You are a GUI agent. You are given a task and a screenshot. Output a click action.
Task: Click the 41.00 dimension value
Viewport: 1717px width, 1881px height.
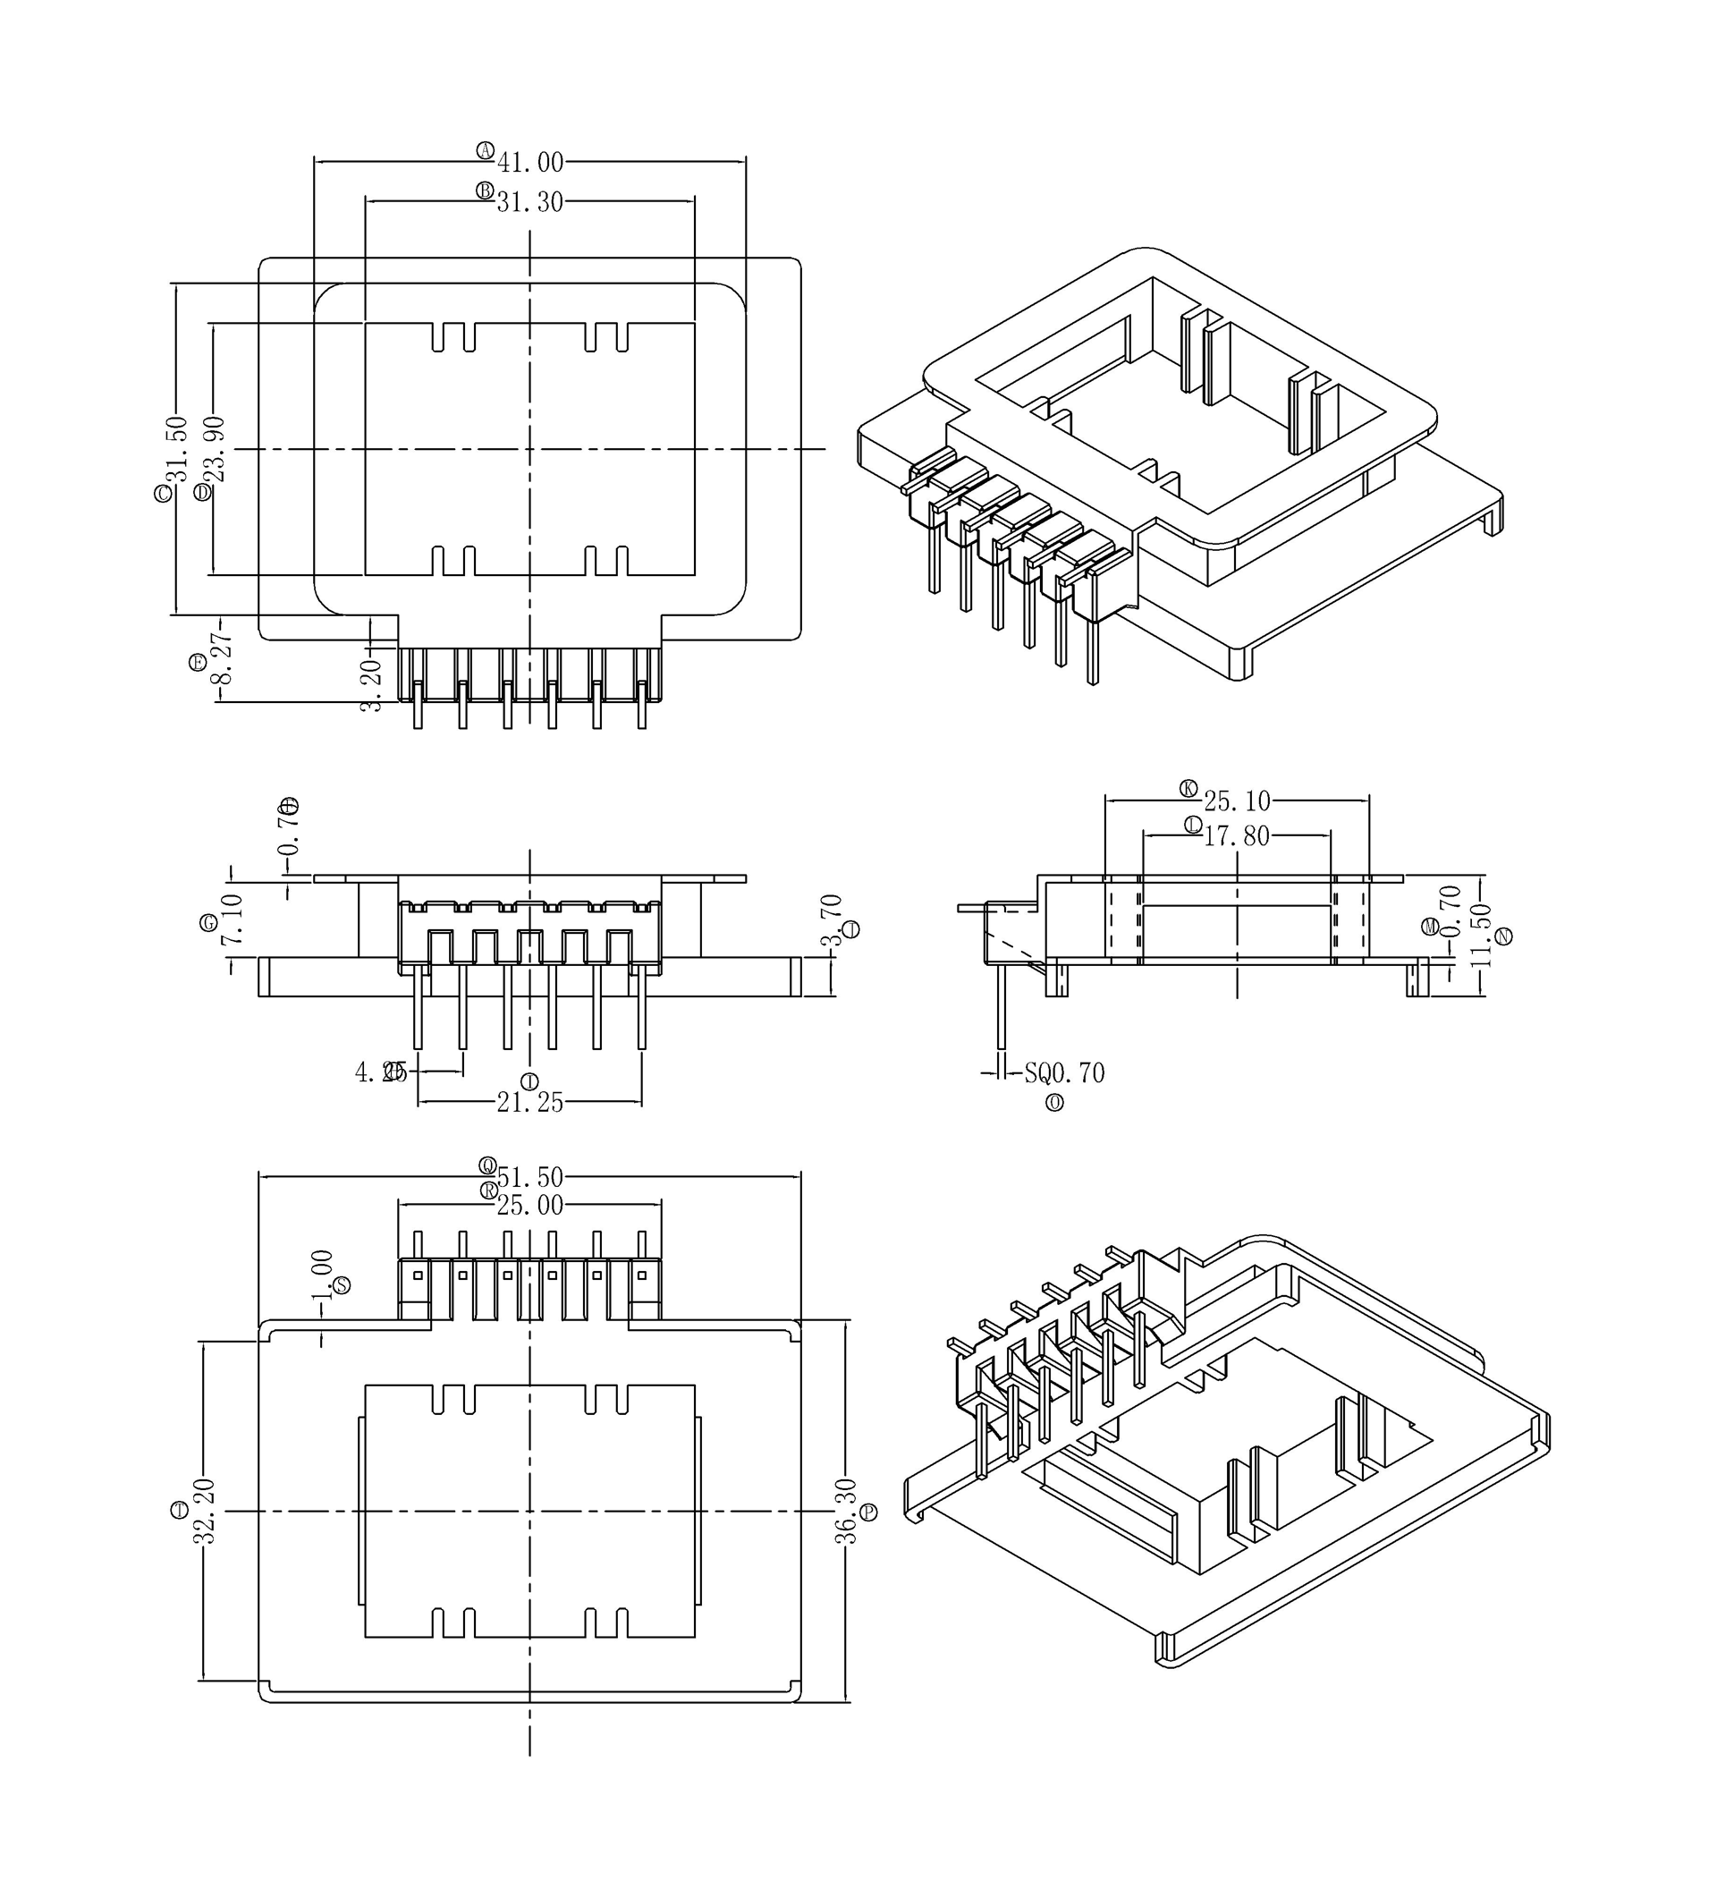[529, 164]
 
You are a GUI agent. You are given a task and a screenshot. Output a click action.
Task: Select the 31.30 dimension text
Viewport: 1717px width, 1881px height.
[529, 202]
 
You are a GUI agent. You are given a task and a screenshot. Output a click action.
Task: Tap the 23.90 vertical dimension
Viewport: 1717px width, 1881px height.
[216, 449]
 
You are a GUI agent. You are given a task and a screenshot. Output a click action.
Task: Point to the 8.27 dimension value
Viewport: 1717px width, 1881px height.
[222, 657]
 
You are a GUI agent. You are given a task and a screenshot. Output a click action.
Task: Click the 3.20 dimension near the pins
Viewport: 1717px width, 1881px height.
[371, 686]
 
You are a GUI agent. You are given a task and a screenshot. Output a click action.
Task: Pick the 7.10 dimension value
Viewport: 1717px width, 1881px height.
[233, 920]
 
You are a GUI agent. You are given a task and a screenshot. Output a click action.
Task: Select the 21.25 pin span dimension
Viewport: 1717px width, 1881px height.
[529, 1103]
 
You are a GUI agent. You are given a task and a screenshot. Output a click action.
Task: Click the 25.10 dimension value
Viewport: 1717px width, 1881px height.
[1237, 801]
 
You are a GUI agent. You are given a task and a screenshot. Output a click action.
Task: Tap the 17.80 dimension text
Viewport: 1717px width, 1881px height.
[1237, 836]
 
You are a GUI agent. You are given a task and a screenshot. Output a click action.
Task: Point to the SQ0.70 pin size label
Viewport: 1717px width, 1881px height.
[1064, 1074]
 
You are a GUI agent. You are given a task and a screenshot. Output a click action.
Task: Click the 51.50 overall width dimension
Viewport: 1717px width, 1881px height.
[529, 1177]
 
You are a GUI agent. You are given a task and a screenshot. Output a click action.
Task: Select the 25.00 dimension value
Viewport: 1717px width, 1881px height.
[529, 1207]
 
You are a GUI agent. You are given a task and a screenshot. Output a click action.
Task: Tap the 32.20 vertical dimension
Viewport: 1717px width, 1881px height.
[205, 1511]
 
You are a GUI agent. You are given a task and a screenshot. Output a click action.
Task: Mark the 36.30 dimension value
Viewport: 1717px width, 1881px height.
[845, 1512]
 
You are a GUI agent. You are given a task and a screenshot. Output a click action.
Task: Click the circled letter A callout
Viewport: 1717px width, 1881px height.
[485, 150]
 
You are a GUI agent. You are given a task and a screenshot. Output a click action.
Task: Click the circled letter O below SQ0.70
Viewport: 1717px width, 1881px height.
[1055, 1103]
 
